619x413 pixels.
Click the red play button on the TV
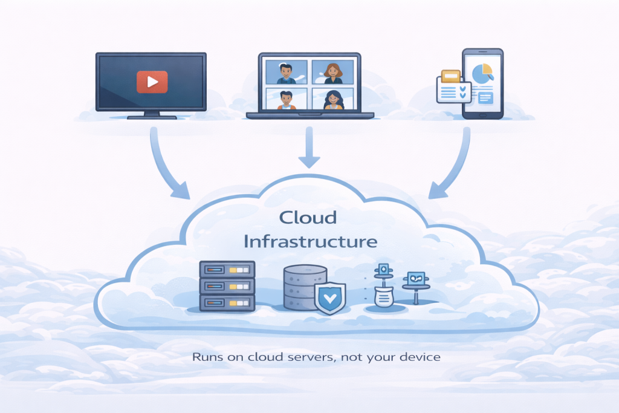(152, 81)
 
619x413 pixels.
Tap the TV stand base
(152, 115)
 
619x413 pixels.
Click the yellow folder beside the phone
(451, 77)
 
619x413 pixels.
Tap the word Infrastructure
(310, 242)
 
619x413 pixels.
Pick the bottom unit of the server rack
(227, 301)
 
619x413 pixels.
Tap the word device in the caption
(422, 357)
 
